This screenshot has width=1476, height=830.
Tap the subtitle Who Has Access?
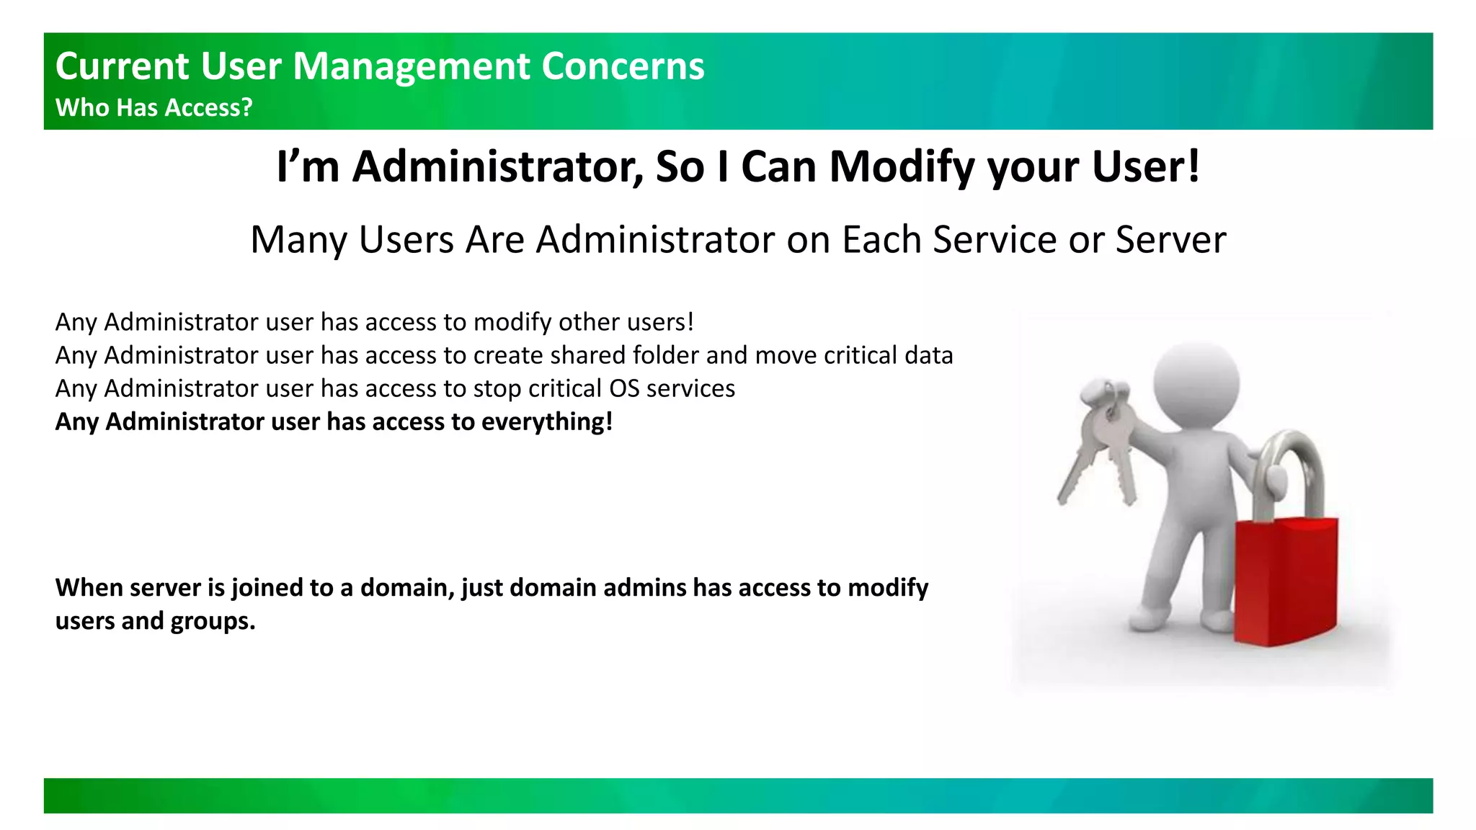pos(154,107)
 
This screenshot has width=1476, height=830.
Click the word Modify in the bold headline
pos(904,166)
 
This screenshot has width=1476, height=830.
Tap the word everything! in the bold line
pos(546,421)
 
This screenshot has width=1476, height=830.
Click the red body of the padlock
pos(1286,581)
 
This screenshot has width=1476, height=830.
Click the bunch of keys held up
pos(1103,439)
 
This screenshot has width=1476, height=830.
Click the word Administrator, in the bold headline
pos(498,166)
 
